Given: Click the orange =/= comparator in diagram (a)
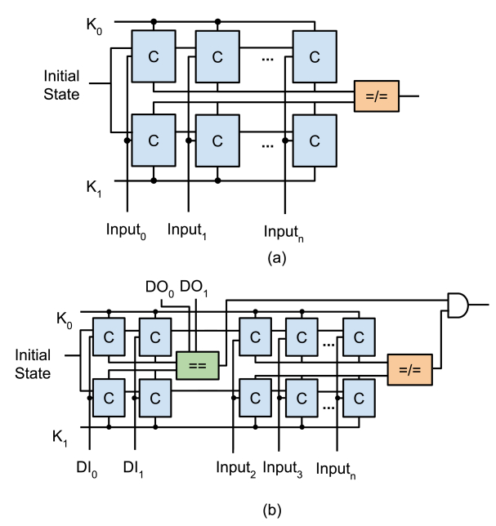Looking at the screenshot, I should tap(376, 96).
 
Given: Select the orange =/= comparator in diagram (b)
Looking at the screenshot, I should tap(409, 369).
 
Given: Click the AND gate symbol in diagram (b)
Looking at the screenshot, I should tap(458, 305).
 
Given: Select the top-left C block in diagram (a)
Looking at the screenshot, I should tap(153, 57).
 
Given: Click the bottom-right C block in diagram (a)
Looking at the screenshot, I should tap(315, 140).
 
